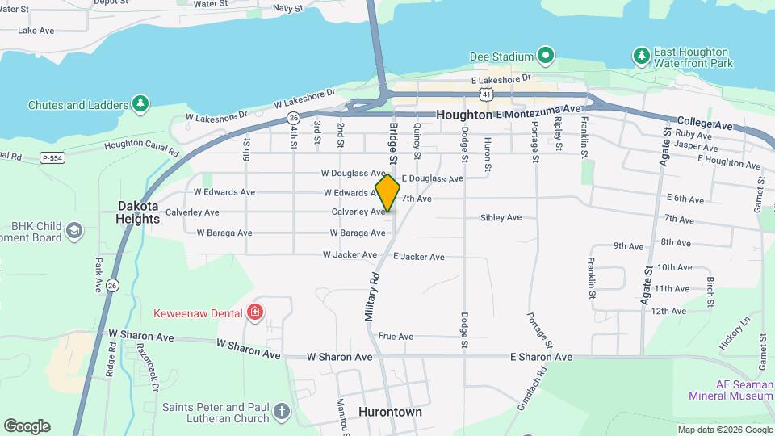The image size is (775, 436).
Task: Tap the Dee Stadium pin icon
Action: coord(546,56)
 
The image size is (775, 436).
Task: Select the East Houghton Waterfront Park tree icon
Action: coord(641,56)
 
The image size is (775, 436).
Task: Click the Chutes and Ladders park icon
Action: coord(140,104)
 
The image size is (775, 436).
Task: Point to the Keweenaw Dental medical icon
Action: coord(255,312)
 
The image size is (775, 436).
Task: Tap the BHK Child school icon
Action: coord(73,232)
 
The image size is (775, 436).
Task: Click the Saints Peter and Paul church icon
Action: coord(281,412)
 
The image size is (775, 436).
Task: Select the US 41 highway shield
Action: coord(485,94)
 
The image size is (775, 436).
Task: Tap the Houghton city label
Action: coord(463,115)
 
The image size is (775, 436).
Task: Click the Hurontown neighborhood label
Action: coord(390,412)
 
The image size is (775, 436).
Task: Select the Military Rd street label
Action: coord(371,297)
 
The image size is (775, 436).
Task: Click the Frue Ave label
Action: coord(396,337)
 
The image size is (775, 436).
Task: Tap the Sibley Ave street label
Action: coord(501,217)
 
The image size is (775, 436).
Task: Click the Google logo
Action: coord(27,426)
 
